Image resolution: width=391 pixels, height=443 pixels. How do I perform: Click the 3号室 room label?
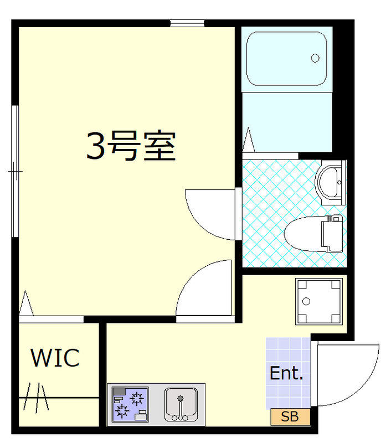(131, 146)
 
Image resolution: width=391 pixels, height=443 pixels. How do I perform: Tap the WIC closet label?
(55, 358)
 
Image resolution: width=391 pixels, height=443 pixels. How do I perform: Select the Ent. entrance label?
(286, 373)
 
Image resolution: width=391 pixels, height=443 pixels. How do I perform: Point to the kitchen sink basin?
(180, 401)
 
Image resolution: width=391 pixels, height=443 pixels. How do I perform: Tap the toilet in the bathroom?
(315, 233)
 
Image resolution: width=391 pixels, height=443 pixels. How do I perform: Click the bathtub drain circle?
(316, 58)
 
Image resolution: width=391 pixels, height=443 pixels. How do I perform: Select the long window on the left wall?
(16, 171)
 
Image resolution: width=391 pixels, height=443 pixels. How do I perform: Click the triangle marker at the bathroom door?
(249, 140)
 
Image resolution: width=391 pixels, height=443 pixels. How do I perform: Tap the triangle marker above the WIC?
(25, 304)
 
